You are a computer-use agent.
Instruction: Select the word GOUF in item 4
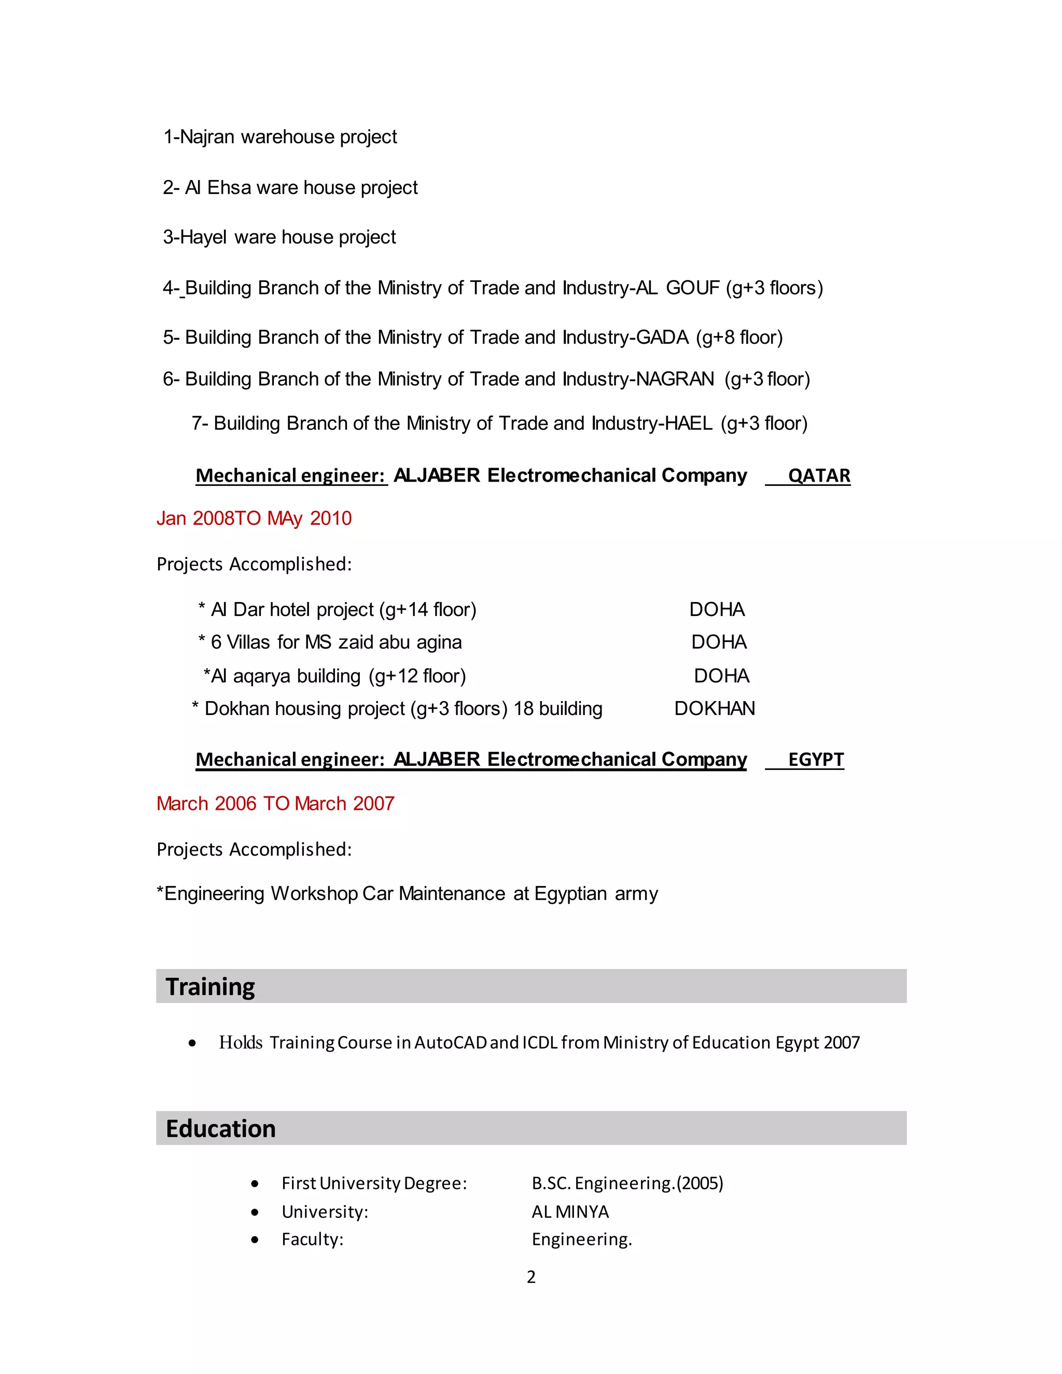(x=692, y=288)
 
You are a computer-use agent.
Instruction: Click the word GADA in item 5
(x=662, y=338)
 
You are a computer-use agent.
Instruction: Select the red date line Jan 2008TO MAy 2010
(x=254, y=518)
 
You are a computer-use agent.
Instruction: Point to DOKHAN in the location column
(x=714, y=709)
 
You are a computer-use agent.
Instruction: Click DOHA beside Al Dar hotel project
(x=717, y=610)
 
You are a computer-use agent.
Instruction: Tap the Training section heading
(x=210, y=987)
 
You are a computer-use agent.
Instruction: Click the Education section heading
(x=220, y=1129)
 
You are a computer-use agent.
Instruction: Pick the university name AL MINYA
(x=570, y=1212)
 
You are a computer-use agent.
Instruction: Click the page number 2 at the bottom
(x=531, y=1277)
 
